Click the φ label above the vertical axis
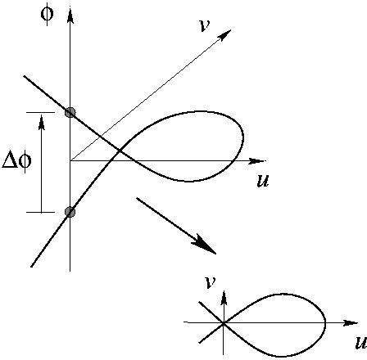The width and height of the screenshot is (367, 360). point(47,14)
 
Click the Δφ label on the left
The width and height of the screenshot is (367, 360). point(17,161)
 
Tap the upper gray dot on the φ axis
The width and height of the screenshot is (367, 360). point(70,112)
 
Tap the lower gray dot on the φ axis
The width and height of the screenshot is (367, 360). point(70,212)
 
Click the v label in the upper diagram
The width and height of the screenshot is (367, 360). point(205,26)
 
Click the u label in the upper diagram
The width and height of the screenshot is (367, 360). point(263,181)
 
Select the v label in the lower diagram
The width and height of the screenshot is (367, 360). point(210,282)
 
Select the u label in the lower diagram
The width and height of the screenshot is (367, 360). point(361,343)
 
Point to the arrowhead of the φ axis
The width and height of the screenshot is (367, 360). point(70,16)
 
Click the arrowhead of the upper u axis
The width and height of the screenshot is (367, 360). point(256,161)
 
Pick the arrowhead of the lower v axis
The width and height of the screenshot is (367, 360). point(224,298)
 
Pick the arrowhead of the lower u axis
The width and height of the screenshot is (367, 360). point(350,323)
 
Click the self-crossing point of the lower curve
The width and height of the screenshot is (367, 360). point(224,323)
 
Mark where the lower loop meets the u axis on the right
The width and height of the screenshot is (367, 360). point(325,323)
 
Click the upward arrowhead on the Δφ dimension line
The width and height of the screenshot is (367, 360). point(42,122)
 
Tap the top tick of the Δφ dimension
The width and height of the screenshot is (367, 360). point(40,112)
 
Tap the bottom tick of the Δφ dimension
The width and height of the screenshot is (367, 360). point(40,212)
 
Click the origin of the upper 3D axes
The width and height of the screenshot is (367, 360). point(70,161)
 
